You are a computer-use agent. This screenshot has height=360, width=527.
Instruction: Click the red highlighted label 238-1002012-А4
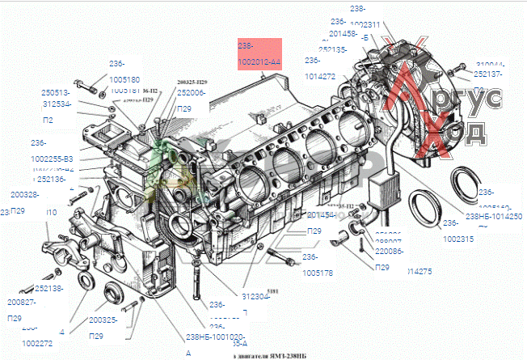pyautogui.click(x=259, y=54)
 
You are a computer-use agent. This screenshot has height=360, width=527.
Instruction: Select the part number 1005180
pyautogui.click(x=124, y=80)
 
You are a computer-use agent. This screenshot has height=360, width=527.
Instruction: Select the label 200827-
pyautogui.click(x=20, y=302)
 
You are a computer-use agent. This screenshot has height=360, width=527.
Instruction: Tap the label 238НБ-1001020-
pyautogui.click(x=217, y=337)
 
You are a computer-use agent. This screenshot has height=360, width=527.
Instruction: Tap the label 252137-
pyautogui.click(x=490, y=74)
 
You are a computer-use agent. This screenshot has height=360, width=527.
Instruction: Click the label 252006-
pyautogui.click(x=191, y=93)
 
